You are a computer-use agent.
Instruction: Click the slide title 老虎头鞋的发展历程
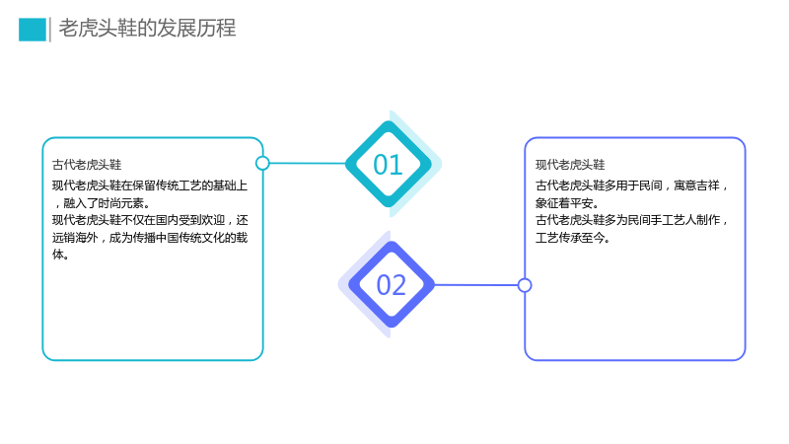147,29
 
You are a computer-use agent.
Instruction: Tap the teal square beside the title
33,30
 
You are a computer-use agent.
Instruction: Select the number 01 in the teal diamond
388,165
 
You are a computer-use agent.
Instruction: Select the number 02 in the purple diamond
391,285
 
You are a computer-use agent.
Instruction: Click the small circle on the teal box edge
262,163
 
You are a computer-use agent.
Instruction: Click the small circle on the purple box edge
525,285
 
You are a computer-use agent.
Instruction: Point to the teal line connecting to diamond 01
308,163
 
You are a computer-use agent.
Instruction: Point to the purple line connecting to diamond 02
476,285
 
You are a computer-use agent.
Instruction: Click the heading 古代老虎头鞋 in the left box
87,165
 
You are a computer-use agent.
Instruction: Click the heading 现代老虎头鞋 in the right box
570,165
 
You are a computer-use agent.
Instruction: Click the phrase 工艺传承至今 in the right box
570,238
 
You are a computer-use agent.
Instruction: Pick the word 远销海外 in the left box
75,238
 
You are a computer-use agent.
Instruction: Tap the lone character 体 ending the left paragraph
58,255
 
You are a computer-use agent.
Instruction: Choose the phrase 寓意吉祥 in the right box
697,185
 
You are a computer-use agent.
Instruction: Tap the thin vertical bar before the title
50,30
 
